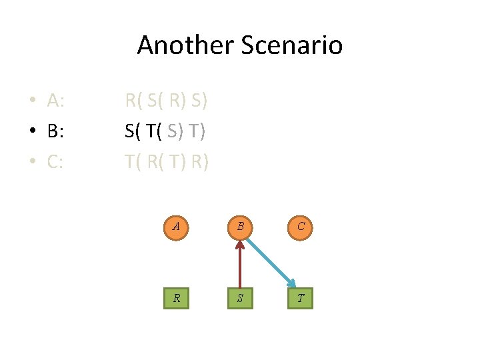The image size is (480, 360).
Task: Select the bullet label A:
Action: pyautogui.click(x=56, y=101)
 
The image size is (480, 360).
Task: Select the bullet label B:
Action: pyautogui.click(x=55, y=131)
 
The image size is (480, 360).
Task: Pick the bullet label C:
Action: pyautogui.click(x=55, y=161)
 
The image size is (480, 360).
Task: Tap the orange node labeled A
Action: pyautogui.click(x=176, y=227)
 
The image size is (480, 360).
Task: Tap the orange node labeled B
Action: pyautogui.click(x=239, y=227)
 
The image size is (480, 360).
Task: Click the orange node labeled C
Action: pyautogui.click(x=301, y=227)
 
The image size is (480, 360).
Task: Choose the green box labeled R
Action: pyautogui.click(x=176, y=297)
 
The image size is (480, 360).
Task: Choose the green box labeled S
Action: pyautogui.click(x=239, y=297)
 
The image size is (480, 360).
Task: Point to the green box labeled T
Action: pyautogui.click(x=301, y=297)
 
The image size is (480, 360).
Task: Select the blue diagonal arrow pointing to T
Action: pyautogui.click(x=270, y=262)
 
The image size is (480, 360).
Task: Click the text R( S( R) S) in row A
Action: pyautogui.click(x=167, y=101)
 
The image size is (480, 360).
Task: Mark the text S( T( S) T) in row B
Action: pyautogui.click(x=165, y=131)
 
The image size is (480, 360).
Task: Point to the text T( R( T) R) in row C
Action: pyautogui.click(x=167, y=161)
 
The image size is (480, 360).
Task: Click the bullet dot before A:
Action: pyautogui.click(x=32, y=102)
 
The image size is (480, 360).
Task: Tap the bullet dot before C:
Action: pyautogui.click(x=32, y=162)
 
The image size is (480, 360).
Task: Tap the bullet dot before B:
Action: pyautogui.click(x=32, y=132)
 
